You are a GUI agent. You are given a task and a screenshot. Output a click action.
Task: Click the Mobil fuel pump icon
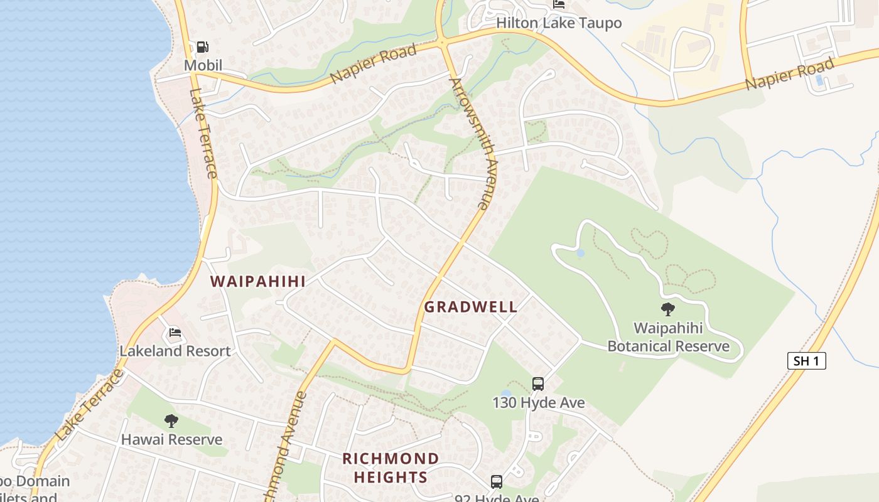tap(202, 47)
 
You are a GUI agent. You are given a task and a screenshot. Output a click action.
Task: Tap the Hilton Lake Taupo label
tap(559, 23)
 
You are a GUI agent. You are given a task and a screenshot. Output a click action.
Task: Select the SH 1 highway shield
tap(806, 361)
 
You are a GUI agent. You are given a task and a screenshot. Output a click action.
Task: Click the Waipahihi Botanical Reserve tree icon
tap(667, 309)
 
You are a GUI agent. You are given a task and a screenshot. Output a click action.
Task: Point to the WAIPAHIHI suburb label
tap(258, 281)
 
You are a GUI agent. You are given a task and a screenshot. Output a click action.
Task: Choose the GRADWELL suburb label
tap(471, 307)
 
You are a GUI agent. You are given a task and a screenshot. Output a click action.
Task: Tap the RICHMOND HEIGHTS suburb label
tap(391, 467)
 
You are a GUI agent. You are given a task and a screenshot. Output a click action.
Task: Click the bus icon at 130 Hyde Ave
tap(537, 383)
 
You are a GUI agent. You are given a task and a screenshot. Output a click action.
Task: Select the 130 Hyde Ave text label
tap(538, 402)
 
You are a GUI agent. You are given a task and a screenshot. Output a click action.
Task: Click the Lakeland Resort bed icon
tap(175, 332)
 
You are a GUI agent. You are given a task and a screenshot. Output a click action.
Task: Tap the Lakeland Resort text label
tap(175, 351)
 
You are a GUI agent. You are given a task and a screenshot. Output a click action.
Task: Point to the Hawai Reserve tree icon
tap(171, 421)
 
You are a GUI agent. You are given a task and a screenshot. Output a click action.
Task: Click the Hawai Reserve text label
tap(171, 439)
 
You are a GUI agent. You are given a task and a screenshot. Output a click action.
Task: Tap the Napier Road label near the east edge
tap(790, 74)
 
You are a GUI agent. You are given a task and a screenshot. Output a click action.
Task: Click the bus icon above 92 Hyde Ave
tap(496, 481)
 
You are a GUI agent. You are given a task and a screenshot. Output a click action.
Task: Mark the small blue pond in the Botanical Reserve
tap(580, 253)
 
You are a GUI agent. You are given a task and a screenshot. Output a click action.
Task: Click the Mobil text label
tap(203, 65)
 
